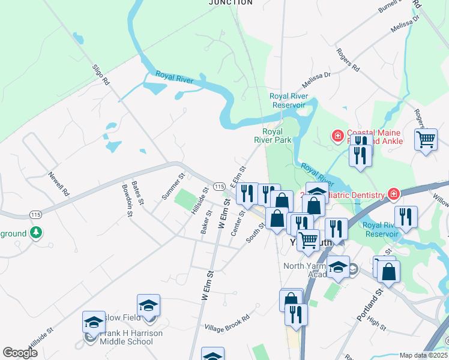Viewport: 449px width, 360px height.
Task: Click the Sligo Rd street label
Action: tap(102, 74)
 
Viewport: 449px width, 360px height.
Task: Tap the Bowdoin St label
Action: tap(127, 196)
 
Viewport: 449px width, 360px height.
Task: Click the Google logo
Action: tap(20, 353)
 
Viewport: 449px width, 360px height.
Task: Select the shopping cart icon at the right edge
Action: tap(426, 140)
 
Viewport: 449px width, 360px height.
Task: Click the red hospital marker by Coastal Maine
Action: tap(337, 136)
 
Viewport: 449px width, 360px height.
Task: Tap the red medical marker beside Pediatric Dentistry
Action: tap(393, 194)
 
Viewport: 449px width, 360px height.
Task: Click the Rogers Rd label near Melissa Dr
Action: tap(348, 60)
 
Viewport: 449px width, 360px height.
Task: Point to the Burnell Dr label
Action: tap(390, 7)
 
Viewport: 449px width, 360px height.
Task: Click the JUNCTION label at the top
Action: tap(231, 2)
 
